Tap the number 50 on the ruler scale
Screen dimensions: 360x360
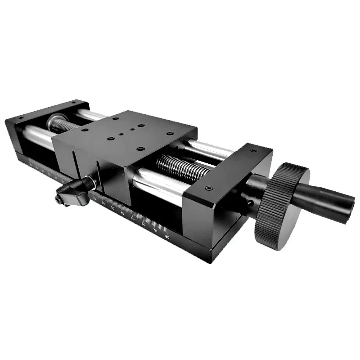coord(132,219)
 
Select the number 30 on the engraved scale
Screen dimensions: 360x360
coord(112,208)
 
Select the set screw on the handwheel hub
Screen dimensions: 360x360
coord(250,203)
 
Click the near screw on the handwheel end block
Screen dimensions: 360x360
coord(208,188)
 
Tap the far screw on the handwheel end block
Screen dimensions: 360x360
coord(254,150)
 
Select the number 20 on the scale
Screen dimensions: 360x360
coord(103,203)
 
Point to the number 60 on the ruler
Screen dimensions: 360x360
coord(144,224)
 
